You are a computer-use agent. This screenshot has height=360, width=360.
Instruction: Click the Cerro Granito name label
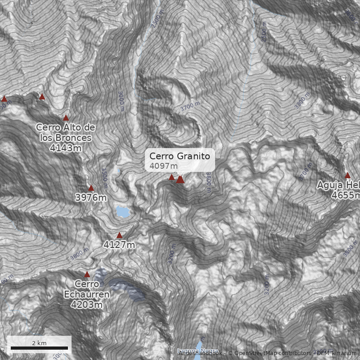[x=180, y=156]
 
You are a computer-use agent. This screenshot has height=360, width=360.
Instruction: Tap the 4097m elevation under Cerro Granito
[x=163, y=166]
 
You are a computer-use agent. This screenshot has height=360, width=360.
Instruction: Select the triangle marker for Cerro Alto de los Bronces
[x=66, y=117]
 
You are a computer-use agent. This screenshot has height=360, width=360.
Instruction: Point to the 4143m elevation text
[x=66, y=148]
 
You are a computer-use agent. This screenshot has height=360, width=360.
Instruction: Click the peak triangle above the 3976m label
[x=91, y=188]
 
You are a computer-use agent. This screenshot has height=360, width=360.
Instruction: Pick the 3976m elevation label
[x=91, y=198]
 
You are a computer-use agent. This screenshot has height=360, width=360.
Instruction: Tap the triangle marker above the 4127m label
[x=119, y=235]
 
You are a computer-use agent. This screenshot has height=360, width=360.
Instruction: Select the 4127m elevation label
[x=119, y=245]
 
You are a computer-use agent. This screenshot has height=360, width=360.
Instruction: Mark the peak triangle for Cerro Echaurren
[x=87, y=274]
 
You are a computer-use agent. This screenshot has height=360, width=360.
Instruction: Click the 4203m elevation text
[x=87, y=305]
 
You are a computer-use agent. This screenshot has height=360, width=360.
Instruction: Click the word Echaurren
[x=87, y=295]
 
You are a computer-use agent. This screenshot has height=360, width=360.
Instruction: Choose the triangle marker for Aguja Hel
[x=347, y=175]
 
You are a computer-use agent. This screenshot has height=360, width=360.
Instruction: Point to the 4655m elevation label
[x=346, y=195]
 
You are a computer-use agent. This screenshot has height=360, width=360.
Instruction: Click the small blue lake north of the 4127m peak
[x=121, y=211]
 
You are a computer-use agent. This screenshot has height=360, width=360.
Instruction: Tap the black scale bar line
[x=39, y=348]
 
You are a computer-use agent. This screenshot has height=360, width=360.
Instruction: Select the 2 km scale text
[x=39, y=343]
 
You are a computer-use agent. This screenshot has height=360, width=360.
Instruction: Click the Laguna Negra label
[x=198, y=351]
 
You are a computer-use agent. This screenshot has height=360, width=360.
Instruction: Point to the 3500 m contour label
[x=104, y=175]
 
